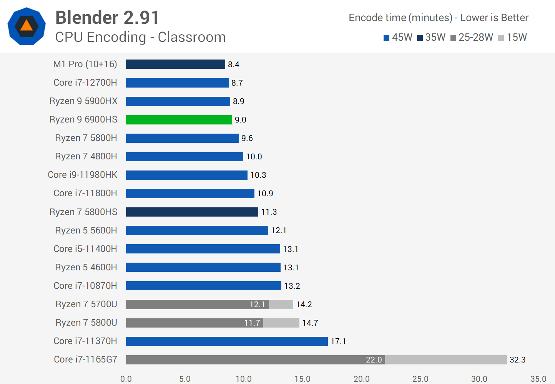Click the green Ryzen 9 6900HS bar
click(179, 120)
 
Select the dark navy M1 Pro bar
click(176, 64)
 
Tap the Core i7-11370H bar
click(227, 341)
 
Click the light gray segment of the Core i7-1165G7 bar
click(446, 360)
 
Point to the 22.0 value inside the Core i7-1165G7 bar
click(374, 360)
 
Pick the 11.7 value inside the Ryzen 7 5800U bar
click(252, 323)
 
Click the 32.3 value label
click(517, 360)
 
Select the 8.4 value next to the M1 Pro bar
click(233, 65)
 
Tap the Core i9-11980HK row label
click(83, 175)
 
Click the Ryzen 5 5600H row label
click(86, 230)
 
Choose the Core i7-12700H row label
click(85, 83)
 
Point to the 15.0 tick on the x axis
click(302, 379)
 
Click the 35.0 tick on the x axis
click(538, 379)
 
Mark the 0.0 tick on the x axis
click(126, 379)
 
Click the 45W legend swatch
click(387, 38)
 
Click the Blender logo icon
click(27, 26)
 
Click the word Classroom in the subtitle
click(191, 37)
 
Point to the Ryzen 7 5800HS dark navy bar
click(192, 212)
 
